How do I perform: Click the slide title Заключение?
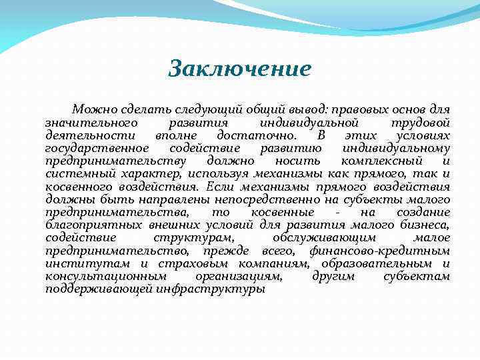click(240, 69)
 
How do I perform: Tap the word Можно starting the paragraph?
click(92, 109)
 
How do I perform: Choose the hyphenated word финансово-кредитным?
click(379, 251)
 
